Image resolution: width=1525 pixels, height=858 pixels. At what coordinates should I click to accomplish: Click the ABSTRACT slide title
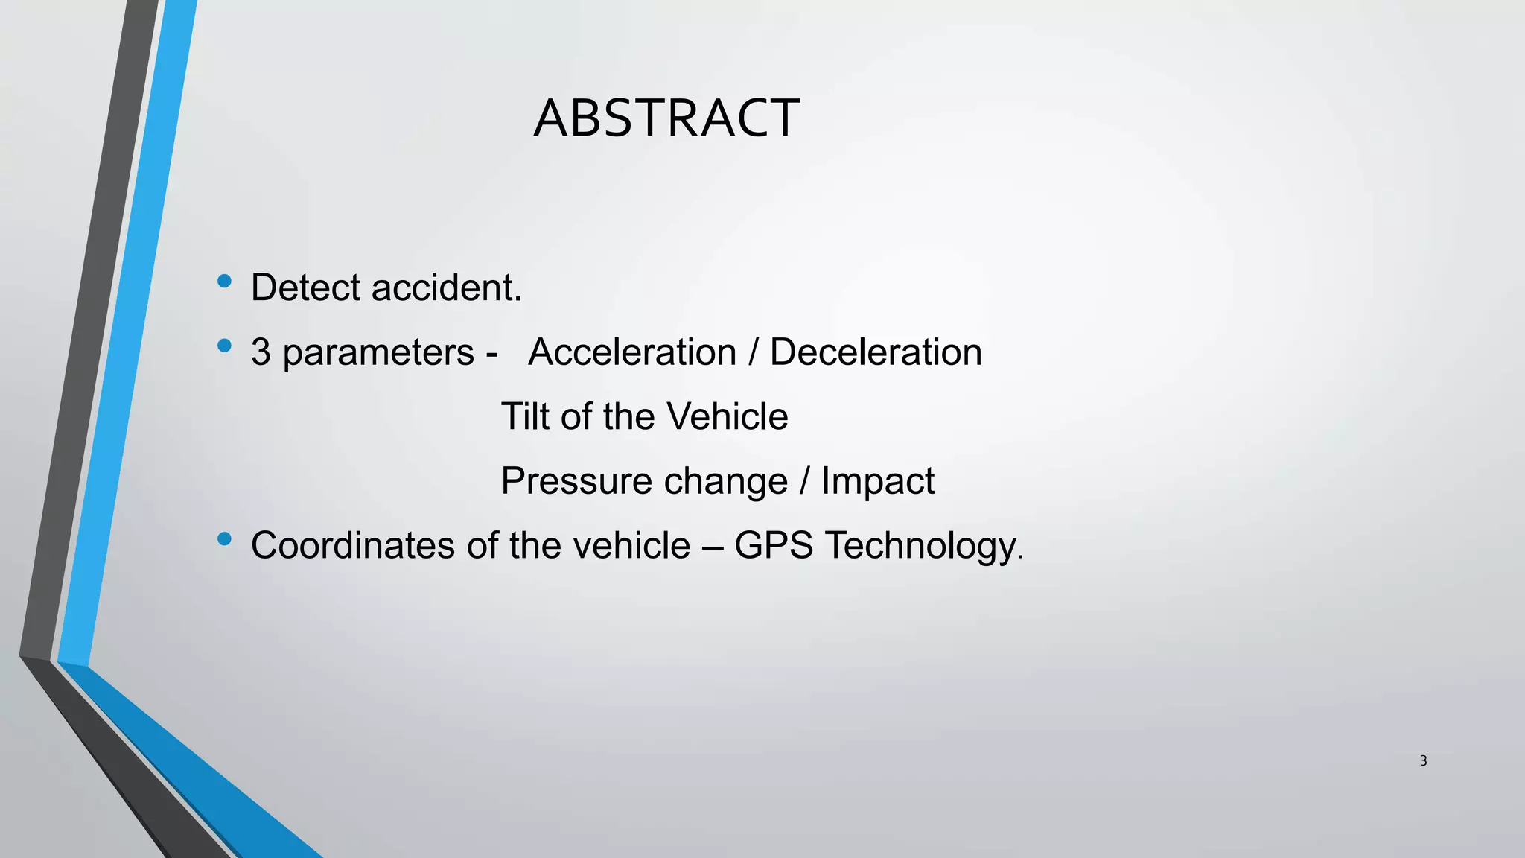point(666,118)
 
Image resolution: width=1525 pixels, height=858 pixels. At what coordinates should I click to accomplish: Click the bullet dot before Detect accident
point(224,281)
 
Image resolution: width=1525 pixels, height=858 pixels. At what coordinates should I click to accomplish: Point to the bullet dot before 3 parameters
point(224,346)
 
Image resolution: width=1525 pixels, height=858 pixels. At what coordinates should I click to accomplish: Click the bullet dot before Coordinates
point(224,538)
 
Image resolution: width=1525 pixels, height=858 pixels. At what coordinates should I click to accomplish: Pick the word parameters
point(378,353)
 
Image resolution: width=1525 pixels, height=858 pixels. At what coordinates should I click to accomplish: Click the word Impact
point(877,481)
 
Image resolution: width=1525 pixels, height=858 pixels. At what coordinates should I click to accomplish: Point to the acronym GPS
point(774,545)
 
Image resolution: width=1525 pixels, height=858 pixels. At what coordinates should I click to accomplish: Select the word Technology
point(923,546)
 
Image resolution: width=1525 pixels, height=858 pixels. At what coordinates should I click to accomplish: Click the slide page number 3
point(1423,760)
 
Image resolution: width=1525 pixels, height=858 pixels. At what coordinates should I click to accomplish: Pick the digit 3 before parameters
point(261,352)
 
